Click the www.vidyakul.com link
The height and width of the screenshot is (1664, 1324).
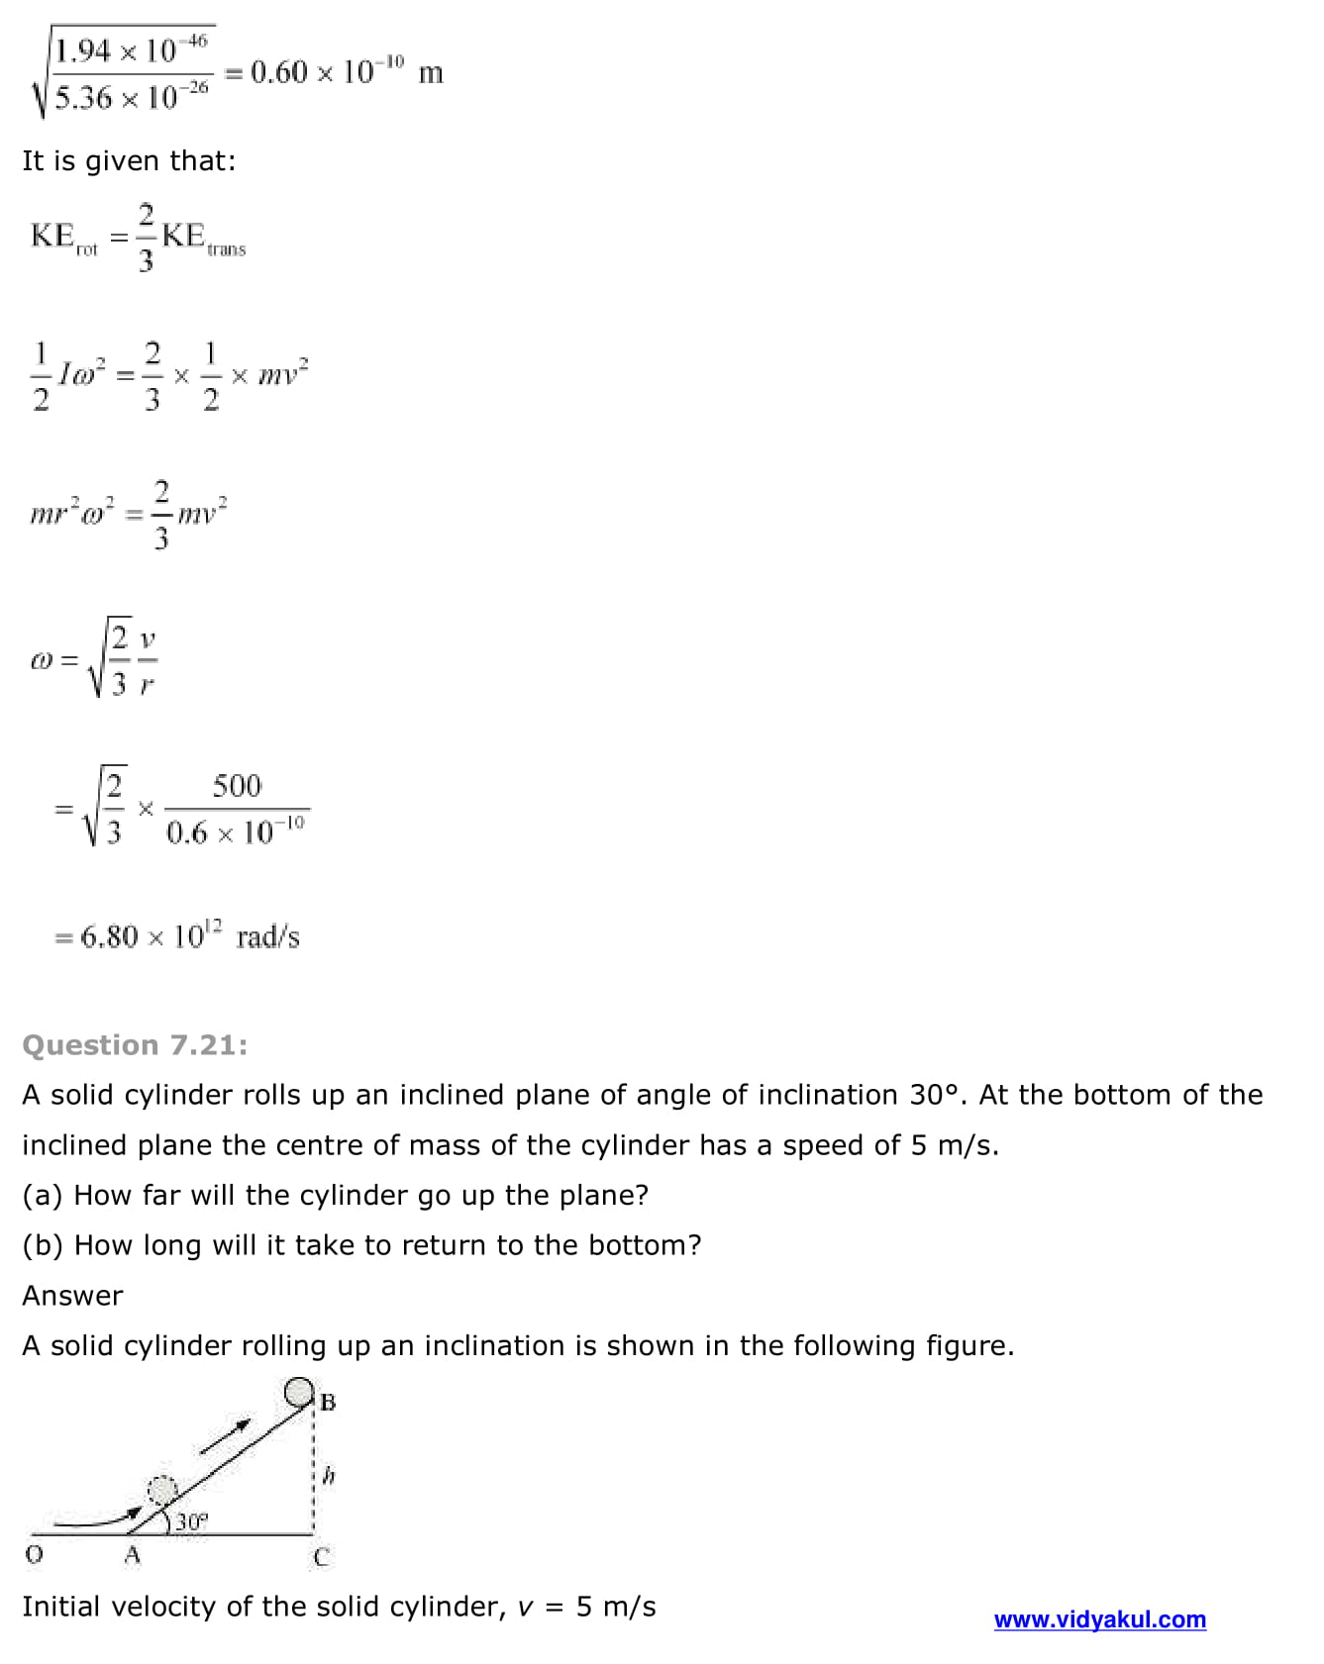point(1099,1619)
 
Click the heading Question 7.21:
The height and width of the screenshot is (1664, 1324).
point(135,1045)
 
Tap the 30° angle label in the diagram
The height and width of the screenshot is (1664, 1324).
point(191,1521)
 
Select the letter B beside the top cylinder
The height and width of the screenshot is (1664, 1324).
point(328,1402)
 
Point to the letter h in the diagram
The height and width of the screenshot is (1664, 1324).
point(330,1476)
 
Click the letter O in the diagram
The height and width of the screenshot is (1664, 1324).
point(34,1555)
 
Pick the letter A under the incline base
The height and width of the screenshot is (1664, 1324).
point(133,1555)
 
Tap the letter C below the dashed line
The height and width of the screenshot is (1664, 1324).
point(320,1557)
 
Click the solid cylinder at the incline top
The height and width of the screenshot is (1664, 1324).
point(299,1393)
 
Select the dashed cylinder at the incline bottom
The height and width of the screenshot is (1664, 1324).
point(161,1491)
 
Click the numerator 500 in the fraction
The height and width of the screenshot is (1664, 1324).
point(237,786)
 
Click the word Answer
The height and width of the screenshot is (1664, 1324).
point(72,1296)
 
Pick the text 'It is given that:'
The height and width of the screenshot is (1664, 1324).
point(129,160)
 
